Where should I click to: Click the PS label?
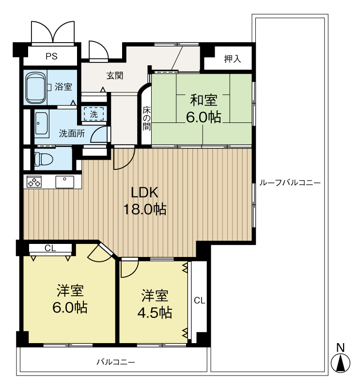51,57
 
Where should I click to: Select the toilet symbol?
44,159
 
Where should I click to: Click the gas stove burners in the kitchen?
34,182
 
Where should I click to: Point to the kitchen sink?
65,182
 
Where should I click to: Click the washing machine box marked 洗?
94,114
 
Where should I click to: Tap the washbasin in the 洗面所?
42,123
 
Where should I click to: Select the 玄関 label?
115,75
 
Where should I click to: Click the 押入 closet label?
232,59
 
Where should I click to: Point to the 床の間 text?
146,118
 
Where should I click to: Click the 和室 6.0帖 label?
203,108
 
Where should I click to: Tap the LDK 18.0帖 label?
145,201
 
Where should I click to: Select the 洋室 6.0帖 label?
70,299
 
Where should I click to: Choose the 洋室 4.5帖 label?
155,303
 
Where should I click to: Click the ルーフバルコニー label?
290,183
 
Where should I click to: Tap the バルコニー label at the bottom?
116,362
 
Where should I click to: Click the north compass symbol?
341,363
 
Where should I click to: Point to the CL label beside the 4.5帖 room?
200,300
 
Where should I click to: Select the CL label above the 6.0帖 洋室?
50,248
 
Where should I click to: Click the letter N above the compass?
341,347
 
